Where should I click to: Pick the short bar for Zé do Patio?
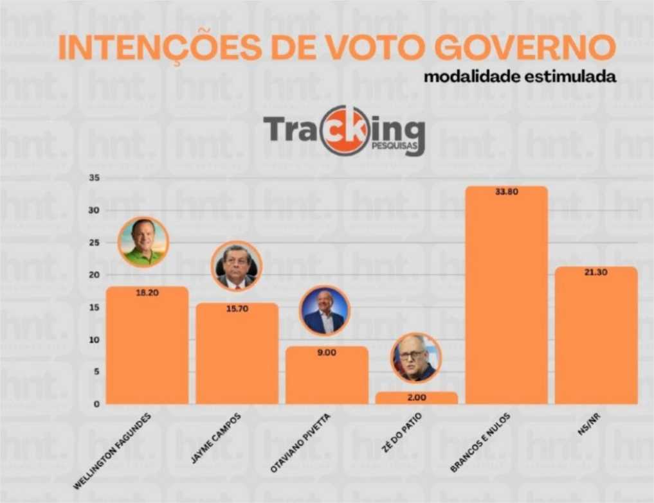[x=416, y=398]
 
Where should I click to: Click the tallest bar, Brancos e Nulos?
[x=506, y=296]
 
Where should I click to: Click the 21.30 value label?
[x=596, y=272]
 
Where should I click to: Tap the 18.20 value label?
[x=147, y=292]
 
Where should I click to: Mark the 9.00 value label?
[x=327, y=352]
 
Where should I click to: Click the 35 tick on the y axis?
[x=94, y=178]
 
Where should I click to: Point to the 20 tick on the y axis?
[x=94, y=275]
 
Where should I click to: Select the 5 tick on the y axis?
[x=96, y=372]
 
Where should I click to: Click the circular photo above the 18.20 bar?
[x=143, y=242]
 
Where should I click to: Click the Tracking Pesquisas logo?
[x=344, y=130]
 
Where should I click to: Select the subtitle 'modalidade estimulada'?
[x=520, y=76]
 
